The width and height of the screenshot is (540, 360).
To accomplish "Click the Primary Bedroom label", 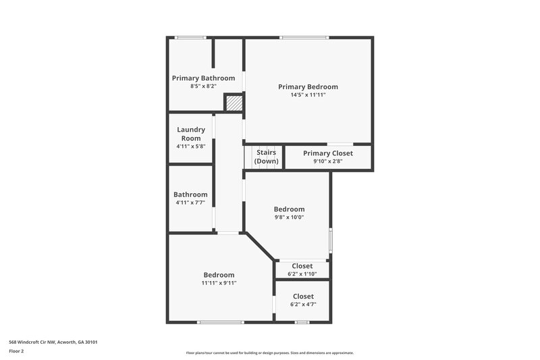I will [308, 86].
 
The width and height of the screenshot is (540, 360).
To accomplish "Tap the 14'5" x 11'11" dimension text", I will [308, 95].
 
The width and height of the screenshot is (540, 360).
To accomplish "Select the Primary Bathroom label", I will [203, 78].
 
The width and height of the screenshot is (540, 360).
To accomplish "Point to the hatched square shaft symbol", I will [234, 103].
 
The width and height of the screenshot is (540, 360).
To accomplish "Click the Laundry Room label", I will [191, 134].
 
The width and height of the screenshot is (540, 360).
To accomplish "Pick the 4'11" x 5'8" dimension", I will [191, 147].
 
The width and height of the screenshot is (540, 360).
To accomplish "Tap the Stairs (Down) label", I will [266, 157].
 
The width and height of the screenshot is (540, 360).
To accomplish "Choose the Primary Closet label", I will [327, 153].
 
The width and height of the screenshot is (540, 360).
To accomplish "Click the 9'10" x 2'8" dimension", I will [327, 161].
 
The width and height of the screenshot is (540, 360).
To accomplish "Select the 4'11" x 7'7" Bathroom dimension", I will [190, 203].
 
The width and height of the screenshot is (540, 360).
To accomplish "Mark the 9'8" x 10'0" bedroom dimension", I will [289, 217].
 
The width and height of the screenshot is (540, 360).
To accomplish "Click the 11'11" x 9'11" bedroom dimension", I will [219, 283].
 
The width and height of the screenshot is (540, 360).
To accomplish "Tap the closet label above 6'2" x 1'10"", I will [301, 265].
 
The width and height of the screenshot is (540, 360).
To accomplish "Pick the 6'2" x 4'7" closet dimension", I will [303, 305].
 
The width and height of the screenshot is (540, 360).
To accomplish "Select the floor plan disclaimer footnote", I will [269, 353].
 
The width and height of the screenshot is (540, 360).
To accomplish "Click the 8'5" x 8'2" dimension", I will [203, 86].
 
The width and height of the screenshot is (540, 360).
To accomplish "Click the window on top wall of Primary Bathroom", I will [190, 37].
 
